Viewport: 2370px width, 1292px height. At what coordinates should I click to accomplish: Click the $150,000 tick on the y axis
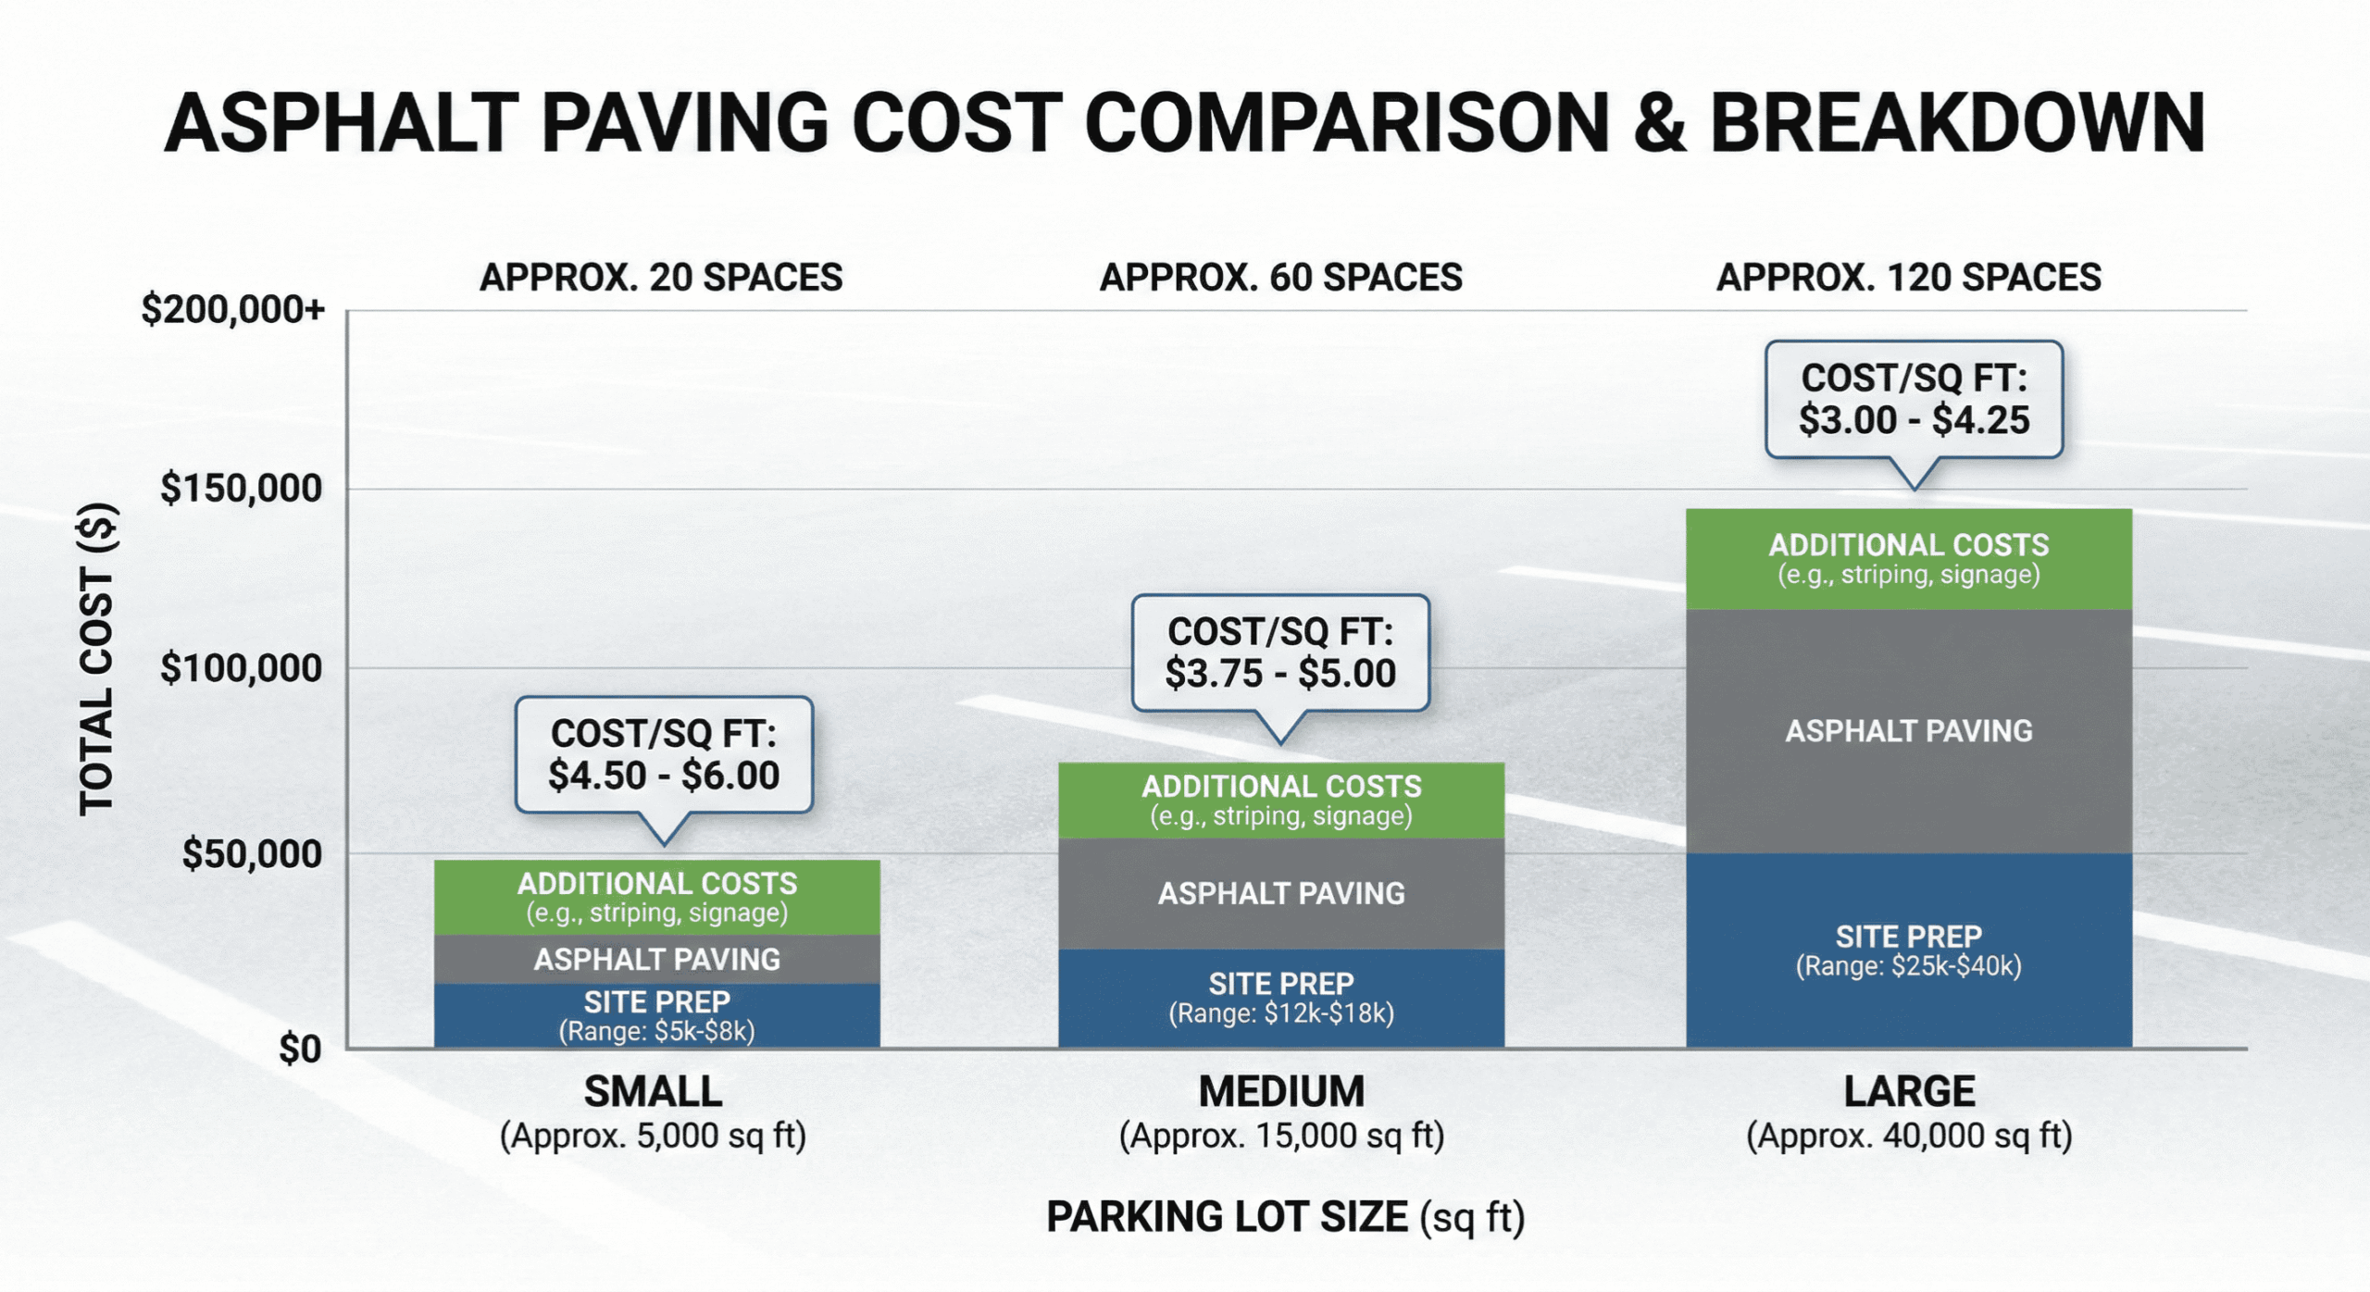pyautogui.click(x=241, y=489)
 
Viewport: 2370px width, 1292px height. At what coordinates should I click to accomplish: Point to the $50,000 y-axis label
pyautogui.click(x=251, y=853)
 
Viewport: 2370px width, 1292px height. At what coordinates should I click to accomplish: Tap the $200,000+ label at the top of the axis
pyautogui.click(x=232, y=309)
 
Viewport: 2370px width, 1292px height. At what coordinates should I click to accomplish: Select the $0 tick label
pyautogui.click(x=300, y=1049)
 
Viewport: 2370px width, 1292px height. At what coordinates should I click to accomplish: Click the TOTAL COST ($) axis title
pyautogui.click(x=96, y=659)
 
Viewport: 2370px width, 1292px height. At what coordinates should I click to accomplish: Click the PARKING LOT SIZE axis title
pyautogui.click(x=1284, y=1216)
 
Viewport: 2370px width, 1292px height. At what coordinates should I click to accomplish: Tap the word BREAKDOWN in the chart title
pyautogui.click(x=1956, y=123)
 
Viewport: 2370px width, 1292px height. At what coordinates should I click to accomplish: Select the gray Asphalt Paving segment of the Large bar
pyautogui.click(x=1908, y=730)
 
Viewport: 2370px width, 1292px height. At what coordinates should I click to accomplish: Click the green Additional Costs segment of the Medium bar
pyautogui.click(x=1280, y=800)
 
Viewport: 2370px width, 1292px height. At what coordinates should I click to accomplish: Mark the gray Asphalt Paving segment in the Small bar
pyautogui.click(x=656, y=959)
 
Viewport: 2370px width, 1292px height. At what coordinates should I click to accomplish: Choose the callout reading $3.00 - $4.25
pyautogui.click(x=1914, y=400)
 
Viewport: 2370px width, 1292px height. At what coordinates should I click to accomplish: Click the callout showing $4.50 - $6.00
pyautogui.click(x=663, y=754)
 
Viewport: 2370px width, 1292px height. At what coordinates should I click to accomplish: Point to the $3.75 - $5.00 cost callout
pyautogui.click(x=1280, y=652)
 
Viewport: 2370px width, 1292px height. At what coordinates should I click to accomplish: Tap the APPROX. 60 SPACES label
pyautogui.click(x=1280, y=278)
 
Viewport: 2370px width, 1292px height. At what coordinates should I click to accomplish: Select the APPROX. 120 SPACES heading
pyautogui.click(x=1908, y=278)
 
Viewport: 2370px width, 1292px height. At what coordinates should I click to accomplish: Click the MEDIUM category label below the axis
pyautogui.click(x=1280, y=1091)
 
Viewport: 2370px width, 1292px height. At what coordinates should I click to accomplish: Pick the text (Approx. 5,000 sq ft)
pyautogui.click(x=653, y=1135)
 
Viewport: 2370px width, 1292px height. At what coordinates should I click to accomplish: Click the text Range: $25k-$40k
pyautogui.click(x=1908, y=966)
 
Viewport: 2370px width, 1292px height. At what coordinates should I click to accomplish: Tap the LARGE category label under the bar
pyautogui.click(x=1908, y=1091)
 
